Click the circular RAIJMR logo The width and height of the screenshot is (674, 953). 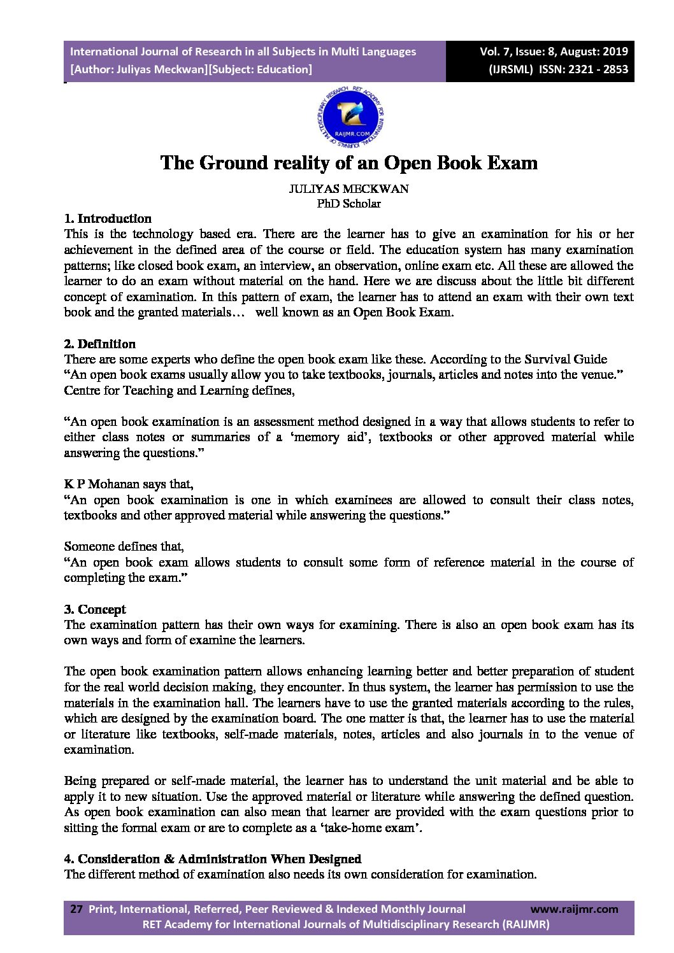pos(349,118)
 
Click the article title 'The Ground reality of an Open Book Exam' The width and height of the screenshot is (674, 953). pos(349,163)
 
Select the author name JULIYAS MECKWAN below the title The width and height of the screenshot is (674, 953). pos(348,189)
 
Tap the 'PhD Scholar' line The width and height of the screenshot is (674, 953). pos(348,204)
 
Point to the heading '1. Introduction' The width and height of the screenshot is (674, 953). pos(108,218)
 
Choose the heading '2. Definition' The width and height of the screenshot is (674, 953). pos(100,344)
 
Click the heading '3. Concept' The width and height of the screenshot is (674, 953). pos(95,609)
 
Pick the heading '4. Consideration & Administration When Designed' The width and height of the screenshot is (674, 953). pos(213,859)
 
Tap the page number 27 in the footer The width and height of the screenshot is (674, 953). pos(76,909)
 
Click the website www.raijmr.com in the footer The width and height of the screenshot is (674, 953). pos(574,909)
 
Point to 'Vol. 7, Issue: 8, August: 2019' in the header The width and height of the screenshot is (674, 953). pos(554,52)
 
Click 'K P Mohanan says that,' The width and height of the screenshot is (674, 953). pos(129,484)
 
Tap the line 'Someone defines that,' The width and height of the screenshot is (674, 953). pos(124,546)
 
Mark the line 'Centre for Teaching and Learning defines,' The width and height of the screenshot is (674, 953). pos(179,390)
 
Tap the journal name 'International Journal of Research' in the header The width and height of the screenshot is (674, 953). pos(162,52)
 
